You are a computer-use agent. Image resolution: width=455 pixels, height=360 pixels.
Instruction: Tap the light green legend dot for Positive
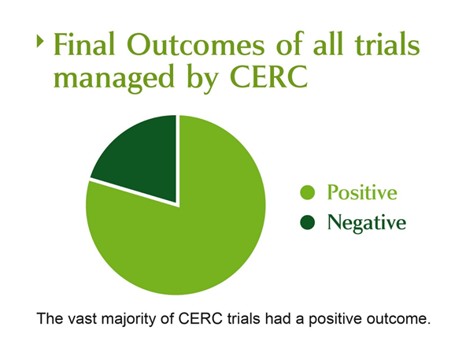308,192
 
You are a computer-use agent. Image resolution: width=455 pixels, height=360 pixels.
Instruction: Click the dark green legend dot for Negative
308,222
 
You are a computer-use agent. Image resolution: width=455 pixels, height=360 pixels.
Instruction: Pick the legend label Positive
362,192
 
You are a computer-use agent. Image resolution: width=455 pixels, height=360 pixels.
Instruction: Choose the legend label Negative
367,223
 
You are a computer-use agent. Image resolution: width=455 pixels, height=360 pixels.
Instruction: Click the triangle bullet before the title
40,41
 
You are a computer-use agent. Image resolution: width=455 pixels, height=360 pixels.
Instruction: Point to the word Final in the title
84,44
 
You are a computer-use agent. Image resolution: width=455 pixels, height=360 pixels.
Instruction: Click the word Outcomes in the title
195,44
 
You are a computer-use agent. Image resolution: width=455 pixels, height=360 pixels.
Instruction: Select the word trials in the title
387,44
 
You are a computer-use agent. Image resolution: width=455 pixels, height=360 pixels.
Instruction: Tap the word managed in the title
113,77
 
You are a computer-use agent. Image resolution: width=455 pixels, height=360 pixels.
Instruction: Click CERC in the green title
268,76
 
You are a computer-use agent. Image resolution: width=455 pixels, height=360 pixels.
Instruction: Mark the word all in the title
329,43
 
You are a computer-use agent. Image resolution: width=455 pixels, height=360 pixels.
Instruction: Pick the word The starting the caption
50,318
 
